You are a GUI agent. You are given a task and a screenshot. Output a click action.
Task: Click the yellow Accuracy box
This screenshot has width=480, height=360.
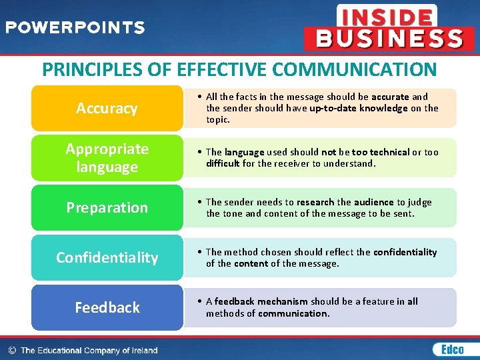(107, 108)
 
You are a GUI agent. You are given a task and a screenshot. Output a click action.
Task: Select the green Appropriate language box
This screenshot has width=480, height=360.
(107, 158)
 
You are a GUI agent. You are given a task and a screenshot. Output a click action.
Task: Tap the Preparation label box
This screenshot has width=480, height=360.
(107, 207)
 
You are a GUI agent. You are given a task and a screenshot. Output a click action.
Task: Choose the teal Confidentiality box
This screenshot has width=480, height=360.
(107, 257)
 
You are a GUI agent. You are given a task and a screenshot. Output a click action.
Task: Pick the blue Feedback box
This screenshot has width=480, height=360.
(107, 307)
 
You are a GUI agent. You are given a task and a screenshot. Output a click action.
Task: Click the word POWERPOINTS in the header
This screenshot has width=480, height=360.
(75, 27)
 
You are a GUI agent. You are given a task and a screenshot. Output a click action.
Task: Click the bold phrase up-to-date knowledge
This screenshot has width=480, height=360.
(359, 108)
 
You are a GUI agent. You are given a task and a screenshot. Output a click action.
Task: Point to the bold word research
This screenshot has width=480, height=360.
(315, 202)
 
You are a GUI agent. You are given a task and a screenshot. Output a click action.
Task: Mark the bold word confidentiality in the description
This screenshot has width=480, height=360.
(405, 252)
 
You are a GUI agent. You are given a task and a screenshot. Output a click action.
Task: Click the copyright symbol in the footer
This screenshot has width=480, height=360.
(11, 350)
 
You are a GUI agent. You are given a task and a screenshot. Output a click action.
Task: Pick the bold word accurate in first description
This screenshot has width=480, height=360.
(390, 97)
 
